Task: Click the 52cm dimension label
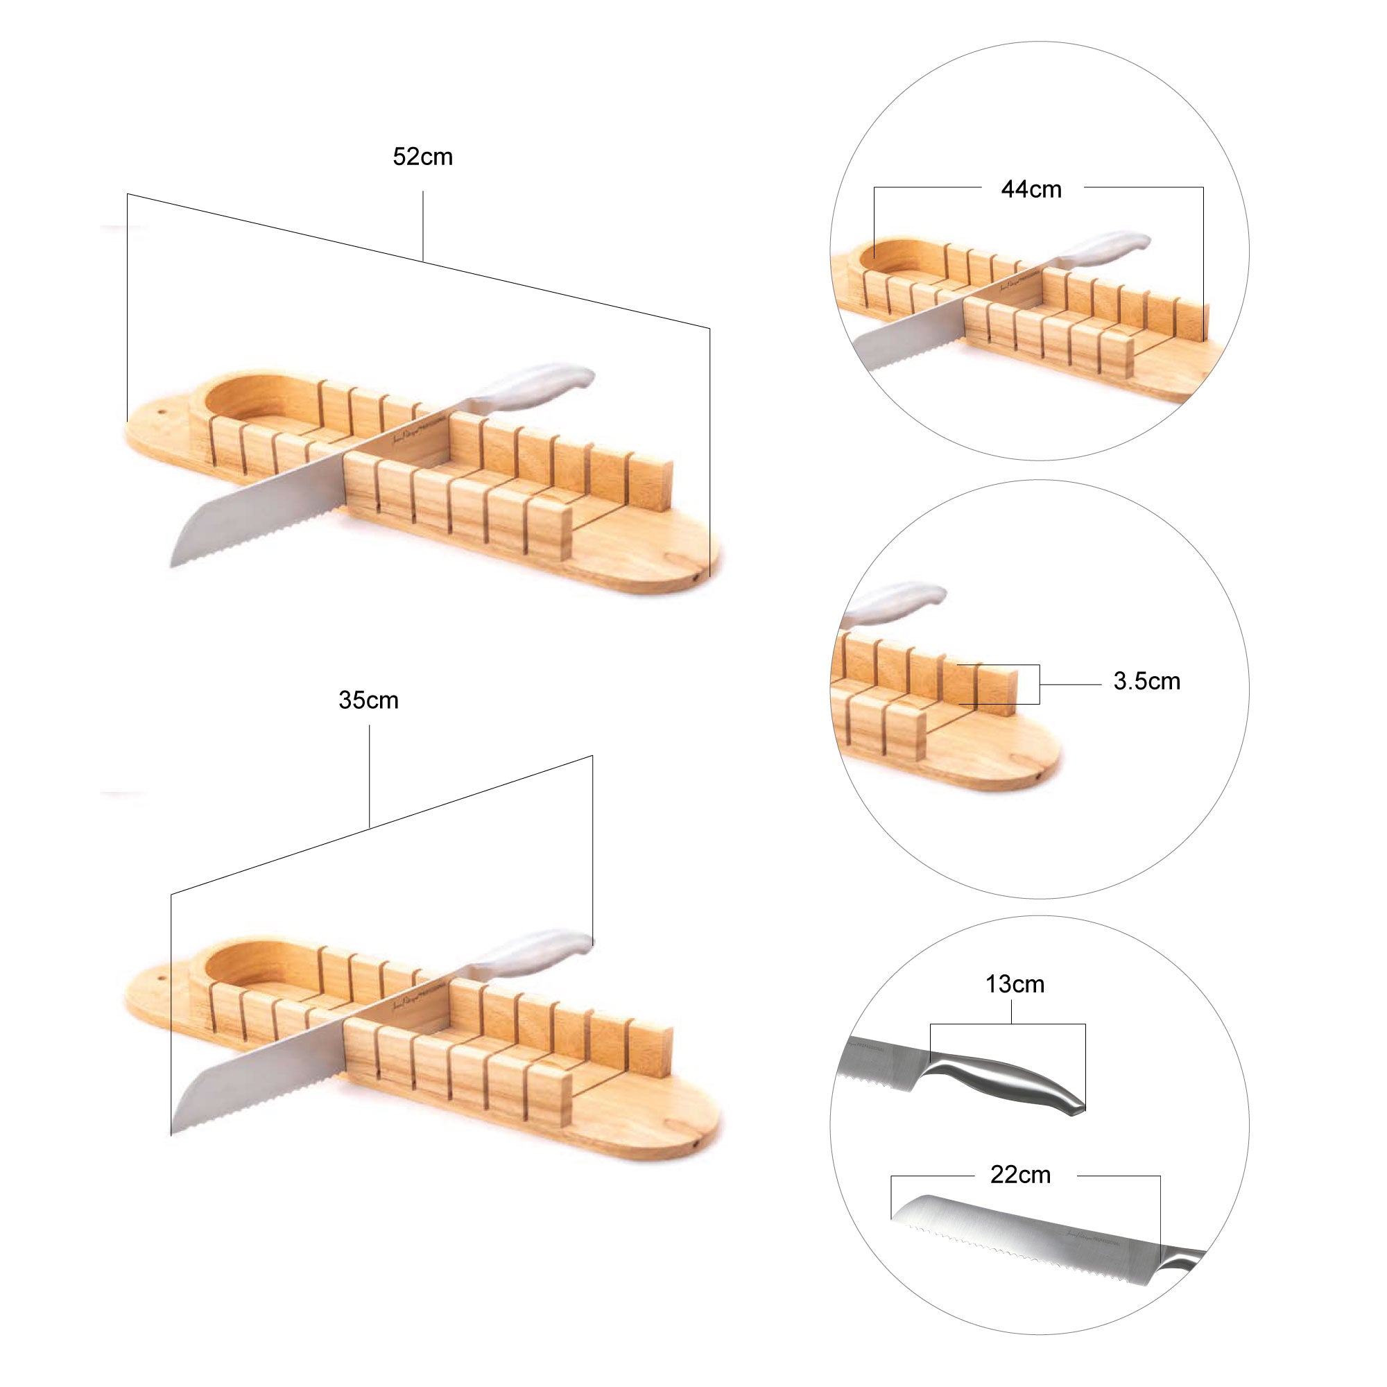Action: coord(422,157)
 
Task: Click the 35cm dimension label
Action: coord(368,700)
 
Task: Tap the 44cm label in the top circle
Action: coord(1031,189)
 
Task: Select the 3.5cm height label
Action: coord(1146,681)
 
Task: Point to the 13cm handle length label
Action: coord(1015,983)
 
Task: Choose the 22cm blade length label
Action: coord(1020,1175)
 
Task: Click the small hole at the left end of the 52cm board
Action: coord(161,413)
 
